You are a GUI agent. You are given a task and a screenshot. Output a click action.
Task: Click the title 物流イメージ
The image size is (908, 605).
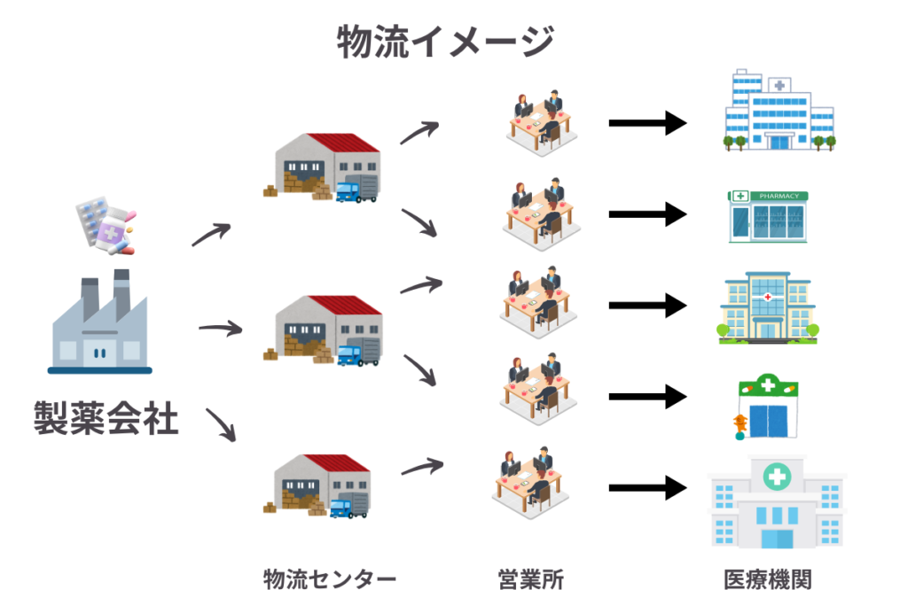(446, 42)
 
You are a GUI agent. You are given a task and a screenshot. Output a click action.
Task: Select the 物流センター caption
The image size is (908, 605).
(330, 580)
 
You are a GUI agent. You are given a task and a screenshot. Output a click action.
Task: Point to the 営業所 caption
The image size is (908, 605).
(530, 580)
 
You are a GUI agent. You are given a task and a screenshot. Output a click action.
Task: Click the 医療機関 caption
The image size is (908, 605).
(768, 580)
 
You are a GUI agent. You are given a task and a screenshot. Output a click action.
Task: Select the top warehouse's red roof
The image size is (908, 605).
(340, 143)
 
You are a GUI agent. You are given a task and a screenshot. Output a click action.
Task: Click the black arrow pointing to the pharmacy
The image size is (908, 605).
(647, 214)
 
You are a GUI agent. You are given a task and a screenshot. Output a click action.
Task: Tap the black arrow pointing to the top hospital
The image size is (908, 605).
(647, 123)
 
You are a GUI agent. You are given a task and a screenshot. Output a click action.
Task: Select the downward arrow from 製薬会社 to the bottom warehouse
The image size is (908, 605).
(222, 425)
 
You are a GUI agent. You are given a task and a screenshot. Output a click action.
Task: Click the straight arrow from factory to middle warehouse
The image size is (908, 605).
(220, 330)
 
